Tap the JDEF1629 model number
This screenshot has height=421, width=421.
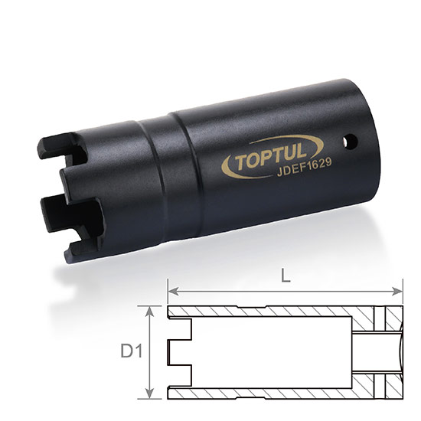tap(305, 168)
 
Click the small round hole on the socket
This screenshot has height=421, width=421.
tap(351, 142)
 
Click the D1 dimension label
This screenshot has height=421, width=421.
tap(132, 351)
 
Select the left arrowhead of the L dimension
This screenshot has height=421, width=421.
tap(174, 291)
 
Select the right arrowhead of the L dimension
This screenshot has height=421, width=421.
tap(397, 291)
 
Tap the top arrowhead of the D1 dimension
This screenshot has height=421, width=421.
tap(150, 312)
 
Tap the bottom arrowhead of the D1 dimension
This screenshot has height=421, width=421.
tap(150, 393)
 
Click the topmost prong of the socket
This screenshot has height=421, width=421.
tap(61, 145)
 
